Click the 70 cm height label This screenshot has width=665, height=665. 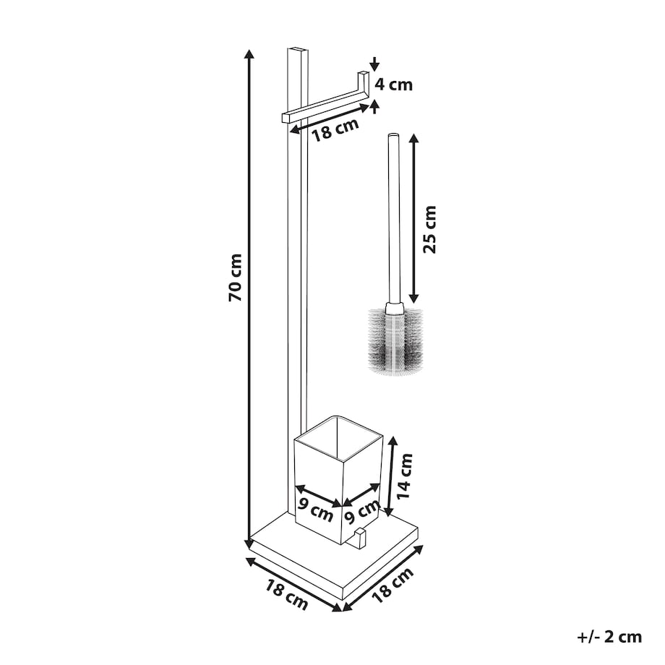tap(235, 278)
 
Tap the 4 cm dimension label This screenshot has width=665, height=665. tap(393, 85)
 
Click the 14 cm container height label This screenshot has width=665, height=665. tap(404, 476)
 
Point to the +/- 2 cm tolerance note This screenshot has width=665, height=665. tap(609, 637)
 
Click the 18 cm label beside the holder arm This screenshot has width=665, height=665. tap(335, 129)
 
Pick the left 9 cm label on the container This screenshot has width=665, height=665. tap(315, 510)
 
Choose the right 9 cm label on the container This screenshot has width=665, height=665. tap(361, 512)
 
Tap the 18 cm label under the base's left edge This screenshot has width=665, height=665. tap(287, 595)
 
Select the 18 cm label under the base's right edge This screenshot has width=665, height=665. tap(392, 585)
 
